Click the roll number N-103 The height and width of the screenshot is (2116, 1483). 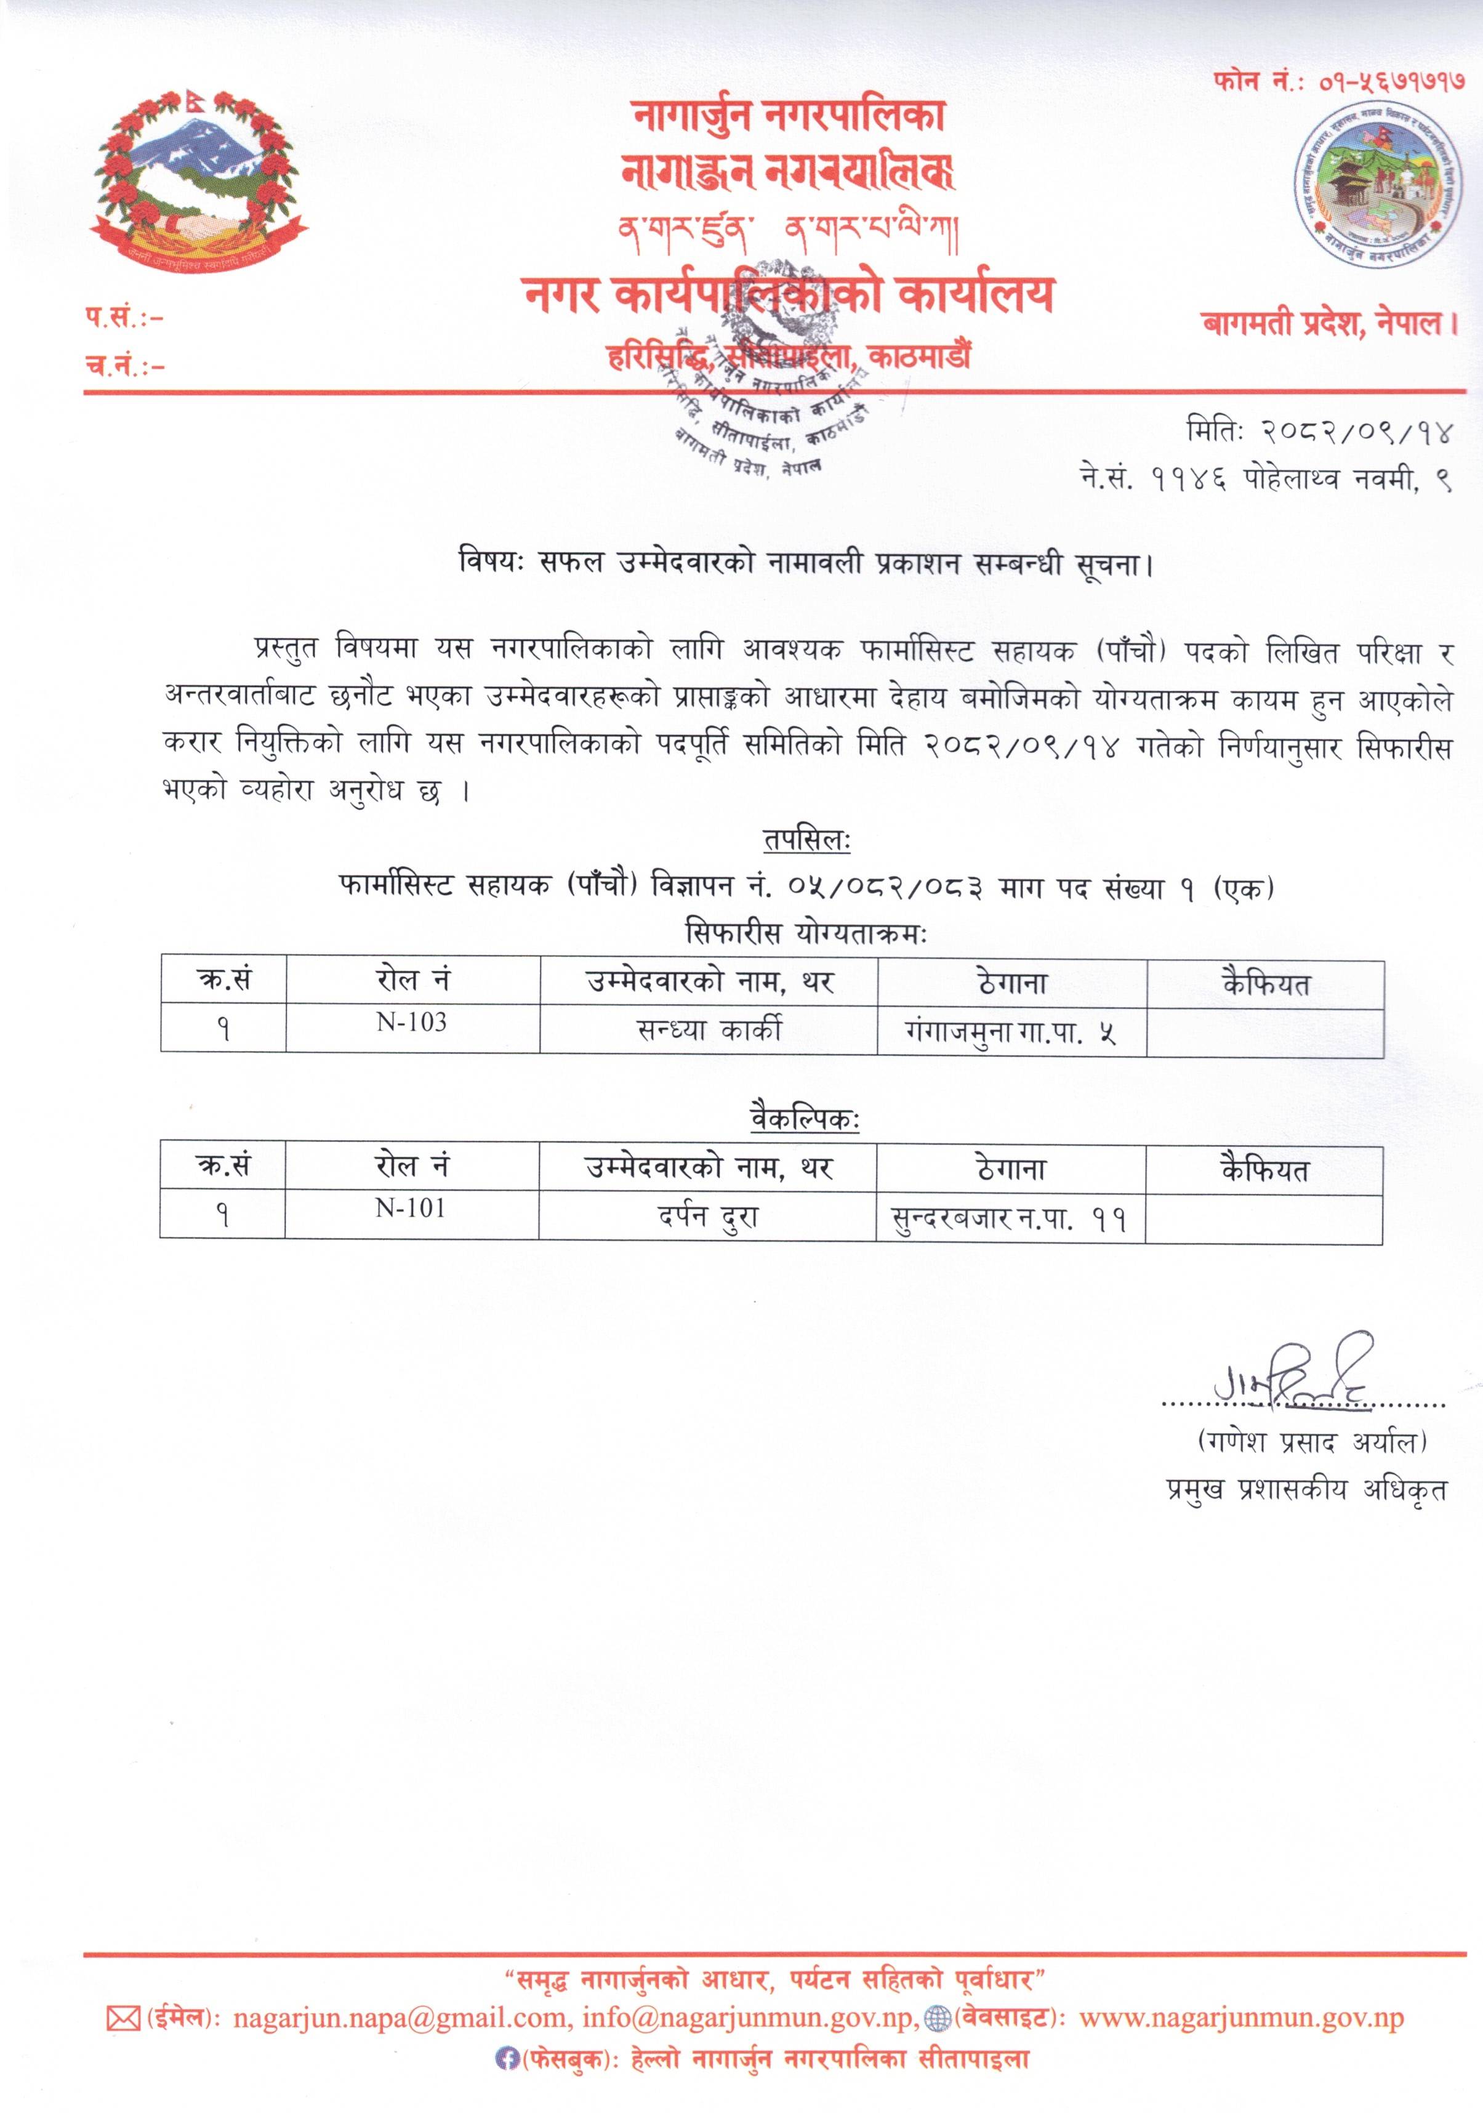[x=411, y=1022]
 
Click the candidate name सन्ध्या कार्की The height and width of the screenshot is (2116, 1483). [x=708, y=1029]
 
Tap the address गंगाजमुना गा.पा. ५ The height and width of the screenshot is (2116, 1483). [x=1011, y=1033]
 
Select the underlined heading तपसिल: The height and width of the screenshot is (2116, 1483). [x=806, y=840]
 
